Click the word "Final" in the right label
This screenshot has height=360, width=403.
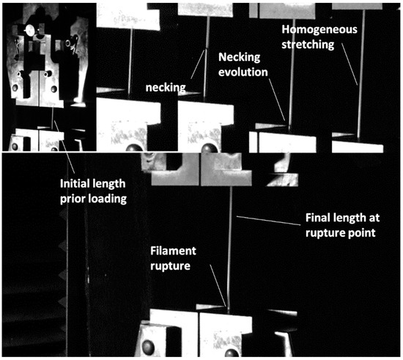[x=319, y=218]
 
